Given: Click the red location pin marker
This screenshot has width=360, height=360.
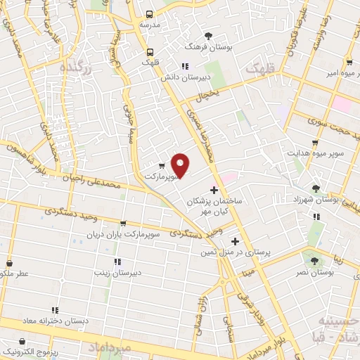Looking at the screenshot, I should [x=181, y=165].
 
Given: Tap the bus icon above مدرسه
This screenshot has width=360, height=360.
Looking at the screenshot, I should [x=149, y=14].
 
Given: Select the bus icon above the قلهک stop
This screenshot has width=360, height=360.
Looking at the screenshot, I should [x=149, y=52].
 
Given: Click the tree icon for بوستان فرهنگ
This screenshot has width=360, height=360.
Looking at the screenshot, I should [x=207, y=36].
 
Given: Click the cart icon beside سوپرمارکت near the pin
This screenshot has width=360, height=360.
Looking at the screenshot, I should [x=162, y=166].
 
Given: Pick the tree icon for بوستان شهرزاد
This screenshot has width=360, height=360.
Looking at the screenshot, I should [x=316, y=188].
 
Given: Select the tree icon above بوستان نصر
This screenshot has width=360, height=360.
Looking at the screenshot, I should [x=307, y=259].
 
